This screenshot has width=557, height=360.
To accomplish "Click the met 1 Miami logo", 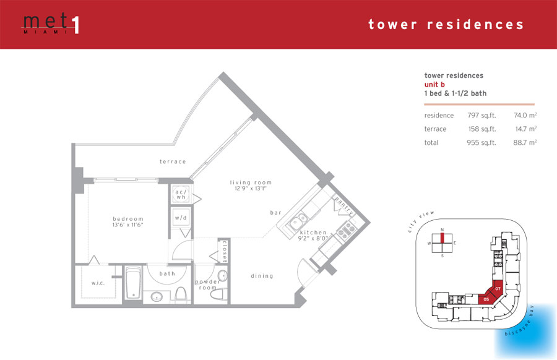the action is click(51, 24).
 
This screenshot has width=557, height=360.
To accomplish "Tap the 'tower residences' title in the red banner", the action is click(446, 25).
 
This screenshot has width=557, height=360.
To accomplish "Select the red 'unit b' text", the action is click(434, 85).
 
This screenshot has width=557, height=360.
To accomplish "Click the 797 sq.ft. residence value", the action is click(481, 116).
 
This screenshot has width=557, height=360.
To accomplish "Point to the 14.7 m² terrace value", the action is click(525, 129).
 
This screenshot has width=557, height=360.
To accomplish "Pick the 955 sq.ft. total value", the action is click(481, 143).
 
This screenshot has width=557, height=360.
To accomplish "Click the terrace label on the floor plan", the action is click(173, 161).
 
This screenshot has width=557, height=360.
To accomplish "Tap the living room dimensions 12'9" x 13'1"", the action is click(251, 189).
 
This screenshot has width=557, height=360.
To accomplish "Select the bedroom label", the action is click(128, 219).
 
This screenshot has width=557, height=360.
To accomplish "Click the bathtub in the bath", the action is click(133, 283).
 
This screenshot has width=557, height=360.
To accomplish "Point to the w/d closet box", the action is click(181, 218).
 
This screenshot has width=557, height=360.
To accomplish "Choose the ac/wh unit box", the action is click(181, 194).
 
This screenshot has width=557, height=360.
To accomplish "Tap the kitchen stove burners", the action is click(346, 229).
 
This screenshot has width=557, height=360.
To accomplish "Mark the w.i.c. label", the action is click(98, 283).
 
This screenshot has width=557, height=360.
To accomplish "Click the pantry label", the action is click(344, 205).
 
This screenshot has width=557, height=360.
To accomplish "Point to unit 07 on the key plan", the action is click(498, 289).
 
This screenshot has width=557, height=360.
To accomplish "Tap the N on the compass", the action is click(443, 229).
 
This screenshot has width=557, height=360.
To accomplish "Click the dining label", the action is click(262, 276).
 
